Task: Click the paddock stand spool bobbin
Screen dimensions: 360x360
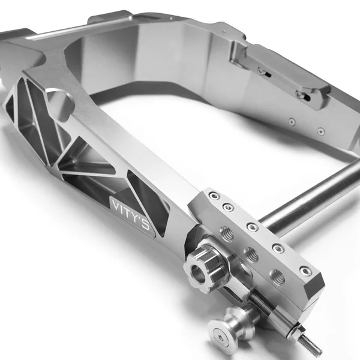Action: point(224,325)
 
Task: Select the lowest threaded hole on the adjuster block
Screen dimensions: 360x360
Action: point(277,277)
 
